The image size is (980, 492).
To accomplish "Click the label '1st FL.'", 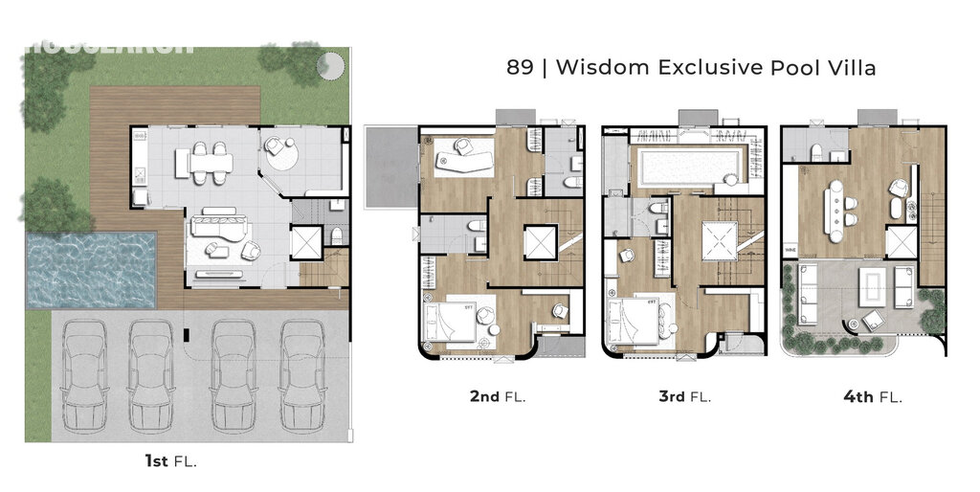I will (170, 461).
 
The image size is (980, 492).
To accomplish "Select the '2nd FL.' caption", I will (498, 396).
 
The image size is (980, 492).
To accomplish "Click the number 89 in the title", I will (519, 68).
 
